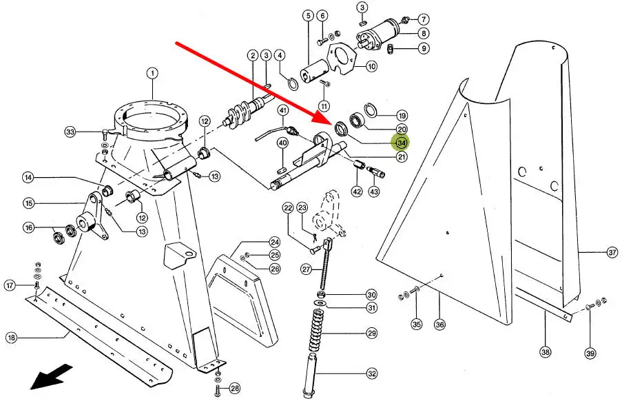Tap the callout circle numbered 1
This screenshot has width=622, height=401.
(152, 73)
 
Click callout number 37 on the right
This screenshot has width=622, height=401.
(612, 252)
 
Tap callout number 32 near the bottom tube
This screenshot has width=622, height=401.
(372, 374)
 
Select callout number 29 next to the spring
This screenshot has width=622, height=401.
(371, 333)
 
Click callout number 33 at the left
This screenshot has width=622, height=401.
(70, 132)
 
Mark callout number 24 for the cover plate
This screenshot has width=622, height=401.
(274, 242)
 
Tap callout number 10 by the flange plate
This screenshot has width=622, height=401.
(371, 67)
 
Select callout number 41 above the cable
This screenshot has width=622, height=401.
(283, 111)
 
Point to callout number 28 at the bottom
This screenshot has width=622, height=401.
(235, 389)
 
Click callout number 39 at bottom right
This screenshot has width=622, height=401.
(590, 353)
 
